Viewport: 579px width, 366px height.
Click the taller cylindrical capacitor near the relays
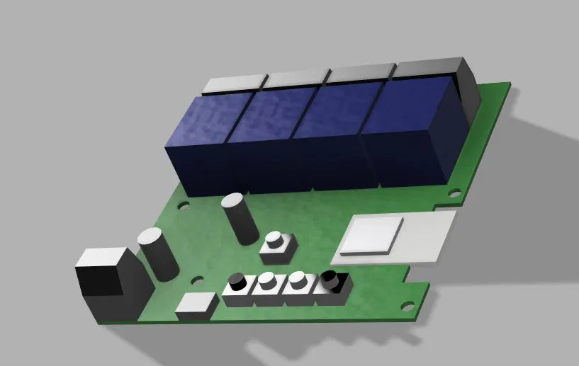[x=239, y=219]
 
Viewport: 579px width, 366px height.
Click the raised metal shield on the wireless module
[x=371, y=235]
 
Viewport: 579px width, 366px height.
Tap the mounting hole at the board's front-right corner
[x=407, y=307]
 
